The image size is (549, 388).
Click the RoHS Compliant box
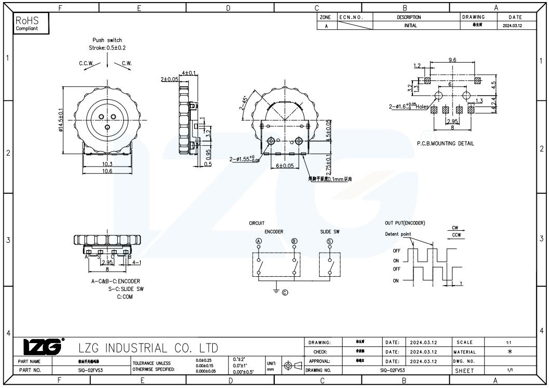[x=32, y=23]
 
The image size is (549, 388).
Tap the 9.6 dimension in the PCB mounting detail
[x=452, y=61]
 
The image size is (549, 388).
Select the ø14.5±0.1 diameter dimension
[x=62, y=121]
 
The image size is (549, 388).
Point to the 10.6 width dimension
[x=107, y=171]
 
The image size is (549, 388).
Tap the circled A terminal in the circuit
[x=258, y=241]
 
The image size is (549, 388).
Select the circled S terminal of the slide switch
[x=330, y=241]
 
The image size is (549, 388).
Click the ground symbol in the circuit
[x=276, y=291]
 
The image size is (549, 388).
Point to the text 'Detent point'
[x=398, y=234]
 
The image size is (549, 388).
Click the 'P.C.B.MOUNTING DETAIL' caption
[x=446, y=144]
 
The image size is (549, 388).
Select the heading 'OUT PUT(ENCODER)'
[x=405, y=223]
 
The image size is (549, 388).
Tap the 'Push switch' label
[x=107, y=40]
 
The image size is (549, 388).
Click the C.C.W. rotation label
[x=86, y=63]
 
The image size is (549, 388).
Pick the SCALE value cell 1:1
[x=508, y=343]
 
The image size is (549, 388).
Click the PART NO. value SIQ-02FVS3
[x=87, y=370]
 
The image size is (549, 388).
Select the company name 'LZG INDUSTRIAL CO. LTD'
[x=148, y=348]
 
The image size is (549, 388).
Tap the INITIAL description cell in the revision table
[x=410, y=26]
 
